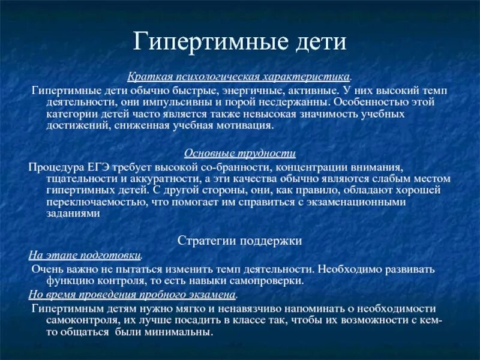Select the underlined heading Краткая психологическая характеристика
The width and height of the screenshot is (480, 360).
pos(239,77)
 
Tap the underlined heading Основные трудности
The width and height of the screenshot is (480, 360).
pos(239,154)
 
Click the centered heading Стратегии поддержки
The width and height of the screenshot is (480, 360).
pos(239,241)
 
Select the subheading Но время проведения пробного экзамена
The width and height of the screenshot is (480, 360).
pos(133,295)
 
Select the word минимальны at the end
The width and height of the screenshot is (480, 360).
pos(185,332)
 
